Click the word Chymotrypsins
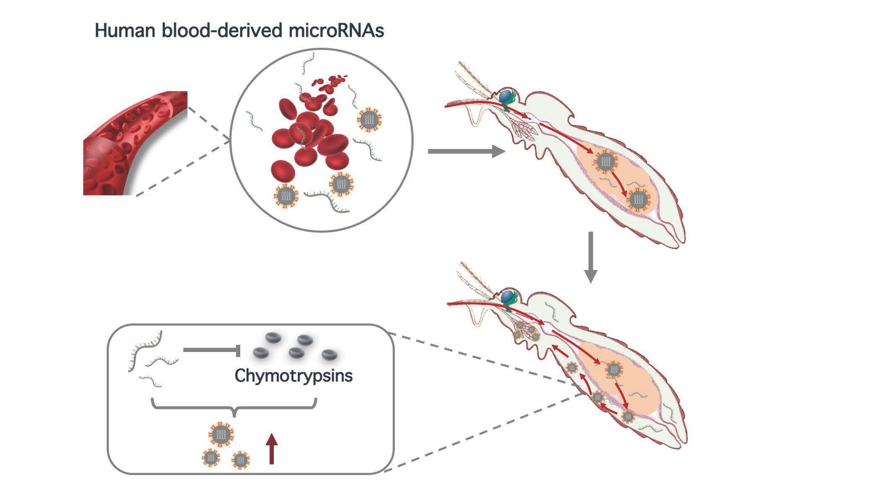click(294, 375)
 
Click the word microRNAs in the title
click(336, 31)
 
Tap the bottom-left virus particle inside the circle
click(286, 196)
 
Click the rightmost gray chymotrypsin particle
click(329, 355)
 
